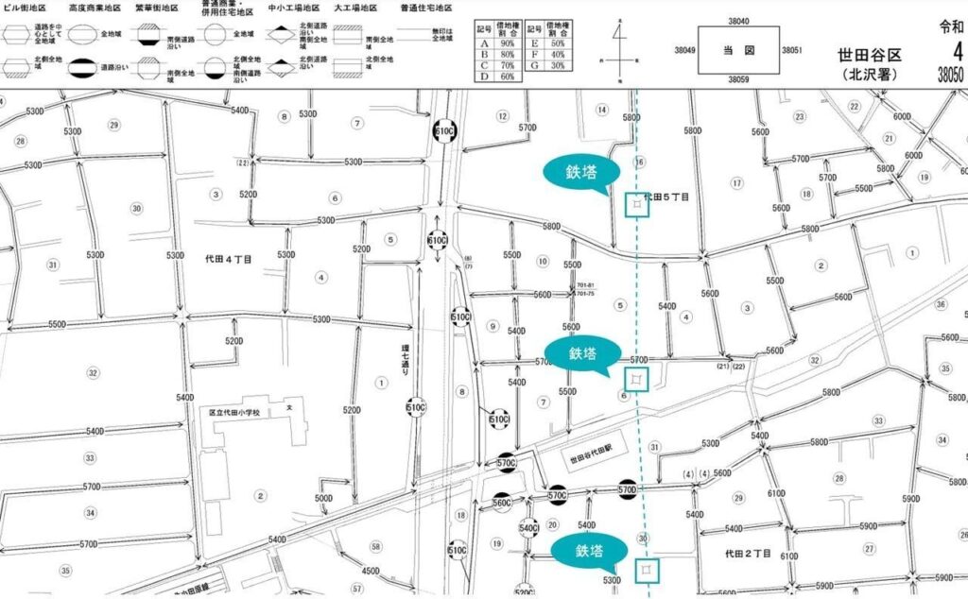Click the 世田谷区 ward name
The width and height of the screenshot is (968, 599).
point(869,55)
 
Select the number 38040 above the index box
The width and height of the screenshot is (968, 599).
point(738,20)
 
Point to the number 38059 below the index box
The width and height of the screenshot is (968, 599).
point(738,80)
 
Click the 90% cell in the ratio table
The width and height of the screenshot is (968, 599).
point(508,43)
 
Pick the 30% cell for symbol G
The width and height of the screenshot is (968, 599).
point(558,65)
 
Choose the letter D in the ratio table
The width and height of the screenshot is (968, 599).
point(484,76)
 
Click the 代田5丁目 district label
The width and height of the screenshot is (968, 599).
point(666,197)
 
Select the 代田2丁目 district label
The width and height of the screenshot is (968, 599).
point(749,553)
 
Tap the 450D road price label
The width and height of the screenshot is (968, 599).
point(371,571)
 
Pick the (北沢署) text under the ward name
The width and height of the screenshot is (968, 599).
point(869,74)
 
